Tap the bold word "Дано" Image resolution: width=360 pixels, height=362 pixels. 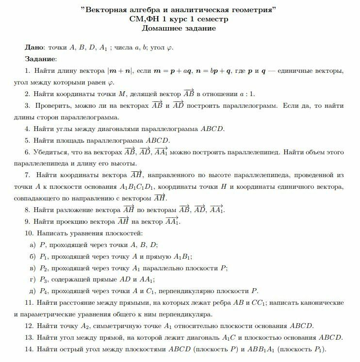tap(34, 48)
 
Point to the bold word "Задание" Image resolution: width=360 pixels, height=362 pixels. tap(40, 59)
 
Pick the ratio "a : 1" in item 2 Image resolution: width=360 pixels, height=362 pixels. tap(246, 94)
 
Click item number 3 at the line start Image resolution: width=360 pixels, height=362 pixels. tap(27, 106)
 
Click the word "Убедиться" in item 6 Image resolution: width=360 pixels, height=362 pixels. tap(51, 152)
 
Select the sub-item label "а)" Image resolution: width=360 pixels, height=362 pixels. tap(33, 245)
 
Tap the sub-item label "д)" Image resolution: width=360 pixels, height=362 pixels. tap(33, 291)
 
